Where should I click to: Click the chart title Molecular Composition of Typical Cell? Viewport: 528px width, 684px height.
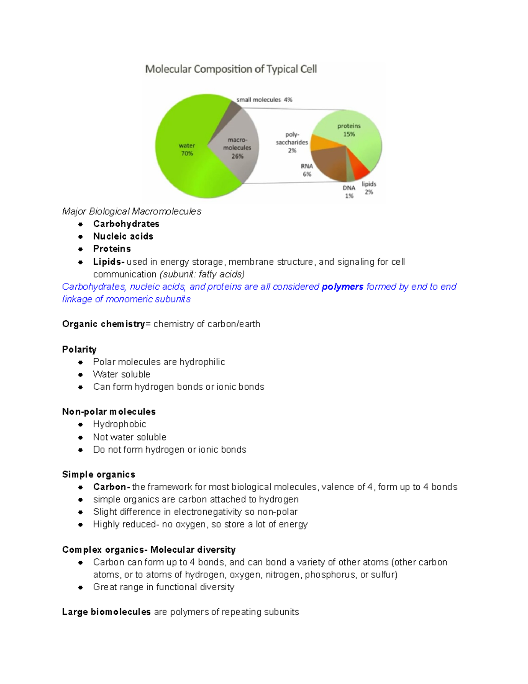(231, 69)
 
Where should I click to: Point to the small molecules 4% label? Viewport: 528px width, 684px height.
(264, 100)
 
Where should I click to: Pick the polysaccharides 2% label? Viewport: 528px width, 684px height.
(292, 142)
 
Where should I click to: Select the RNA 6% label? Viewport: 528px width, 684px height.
(307, 170)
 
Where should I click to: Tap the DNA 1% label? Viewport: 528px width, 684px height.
(349, 192)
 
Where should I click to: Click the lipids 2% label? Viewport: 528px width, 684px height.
(369, 188)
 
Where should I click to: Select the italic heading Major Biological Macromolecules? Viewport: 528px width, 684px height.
(132, 211)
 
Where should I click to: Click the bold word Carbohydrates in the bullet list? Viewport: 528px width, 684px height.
(126, 224)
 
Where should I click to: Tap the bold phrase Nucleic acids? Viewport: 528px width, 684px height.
(123, 236)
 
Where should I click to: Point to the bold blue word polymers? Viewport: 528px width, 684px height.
(342, 287)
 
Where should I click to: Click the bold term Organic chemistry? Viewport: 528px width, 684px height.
(103, 324)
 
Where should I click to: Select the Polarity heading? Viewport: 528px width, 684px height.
(79, 349)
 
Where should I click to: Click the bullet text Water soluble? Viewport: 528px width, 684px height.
(121, 374)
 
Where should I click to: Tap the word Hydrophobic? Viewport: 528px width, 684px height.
(120, 424)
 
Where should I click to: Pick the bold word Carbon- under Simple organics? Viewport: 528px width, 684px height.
(111, 487)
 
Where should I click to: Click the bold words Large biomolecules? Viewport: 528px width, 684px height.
(106, 612)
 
